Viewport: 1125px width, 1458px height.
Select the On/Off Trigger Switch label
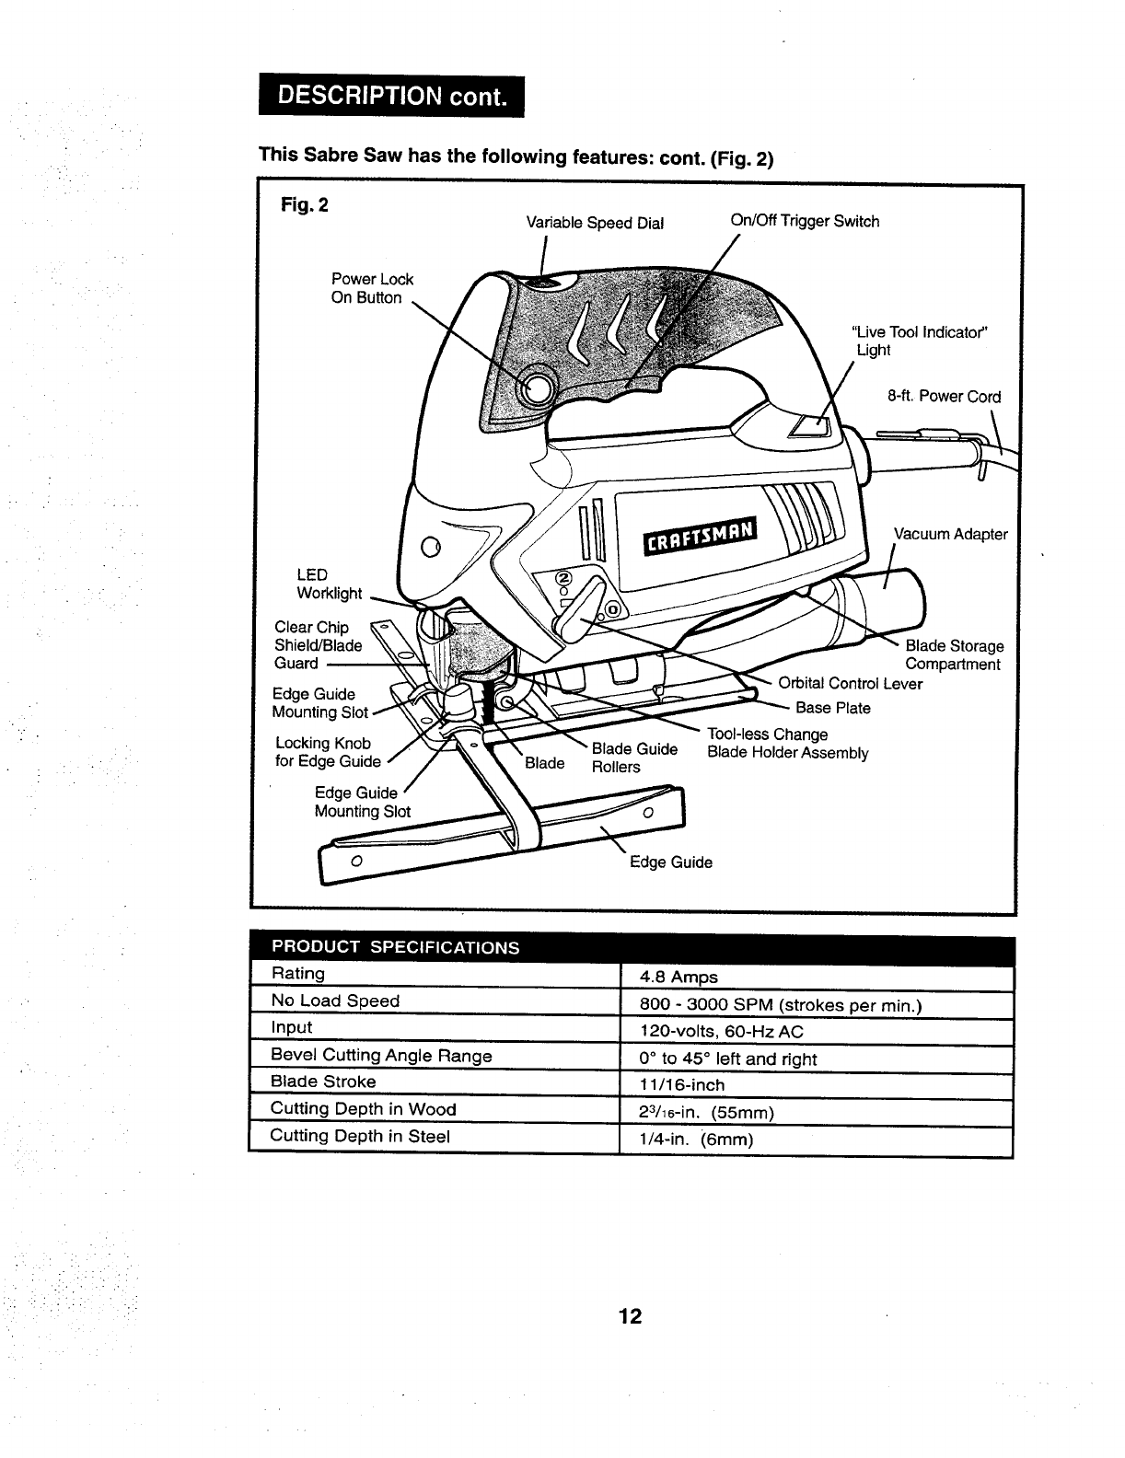[804, 221]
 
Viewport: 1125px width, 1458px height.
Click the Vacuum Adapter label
[950, 534]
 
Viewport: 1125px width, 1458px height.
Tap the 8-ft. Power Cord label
[944, 397]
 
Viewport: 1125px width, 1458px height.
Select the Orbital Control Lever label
[849, 683]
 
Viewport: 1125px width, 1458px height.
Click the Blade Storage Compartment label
[954, 655]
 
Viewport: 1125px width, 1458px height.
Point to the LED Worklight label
[329, 584]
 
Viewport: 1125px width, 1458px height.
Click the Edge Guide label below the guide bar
[670, 862]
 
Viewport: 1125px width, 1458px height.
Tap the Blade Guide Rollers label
[633, 758]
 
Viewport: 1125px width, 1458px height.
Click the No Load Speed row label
[335, 1001]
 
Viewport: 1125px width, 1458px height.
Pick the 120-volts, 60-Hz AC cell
[722, 1032]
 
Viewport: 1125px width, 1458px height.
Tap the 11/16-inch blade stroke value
[682, 1085]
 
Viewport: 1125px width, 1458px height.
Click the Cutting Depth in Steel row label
[360, 1136]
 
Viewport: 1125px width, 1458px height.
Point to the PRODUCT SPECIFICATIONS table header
[394, 947]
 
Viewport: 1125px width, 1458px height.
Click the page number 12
[630, 1316]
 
